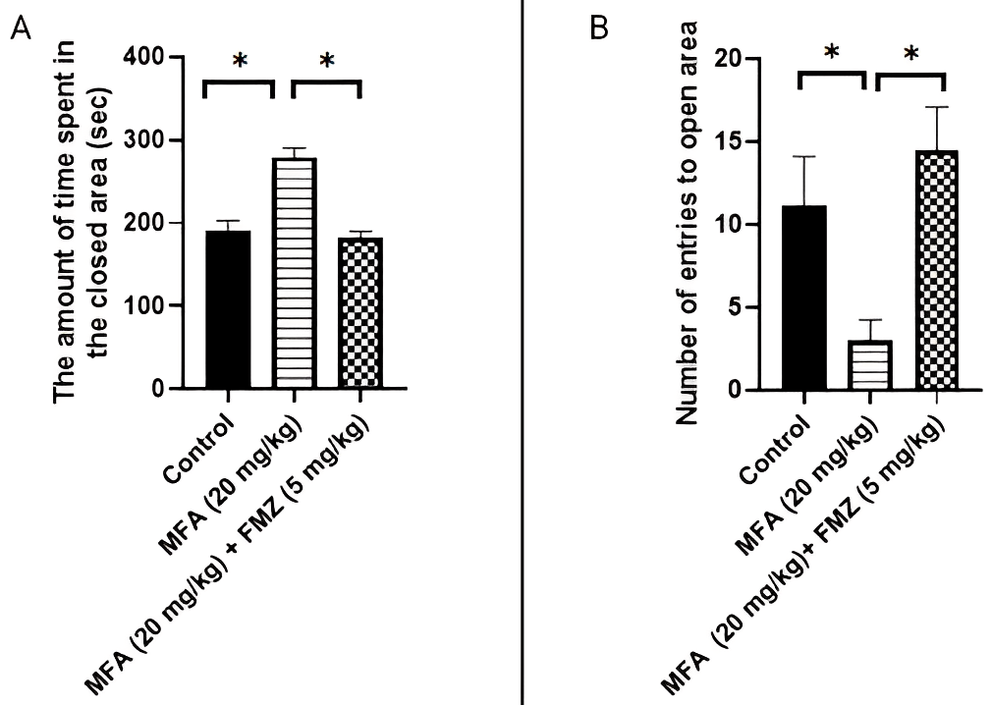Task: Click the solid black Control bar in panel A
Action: coord(228,309)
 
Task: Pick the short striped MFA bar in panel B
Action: coord(870,365)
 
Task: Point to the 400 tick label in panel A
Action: coord(143,57)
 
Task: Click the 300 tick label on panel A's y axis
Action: coord(143,140)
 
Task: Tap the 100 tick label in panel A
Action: coord(143,305)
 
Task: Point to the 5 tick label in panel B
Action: coord(732,307)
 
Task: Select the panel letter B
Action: coord(598,28)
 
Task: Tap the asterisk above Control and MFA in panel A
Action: coord(239,62)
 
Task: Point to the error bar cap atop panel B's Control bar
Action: coord(802,157)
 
